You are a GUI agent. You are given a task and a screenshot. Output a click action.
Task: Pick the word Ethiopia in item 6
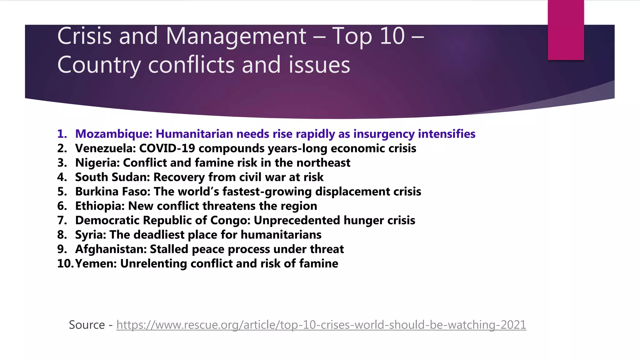pos(100,206)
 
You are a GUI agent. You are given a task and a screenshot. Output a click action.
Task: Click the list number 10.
pos(65,263)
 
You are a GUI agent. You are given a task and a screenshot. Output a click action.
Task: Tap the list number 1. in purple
pos(62,134)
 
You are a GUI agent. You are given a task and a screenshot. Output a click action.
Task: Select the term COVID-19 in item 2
pos(167,148)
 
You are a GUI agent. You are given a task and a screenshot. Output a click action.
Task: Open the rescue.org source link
pos(321,325)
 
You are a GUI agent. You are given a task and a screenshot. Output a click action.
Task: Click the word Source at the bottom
pos(87,325)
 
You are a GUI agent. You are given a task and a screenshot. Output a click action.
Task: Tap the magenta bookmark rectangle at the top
pos(566,30)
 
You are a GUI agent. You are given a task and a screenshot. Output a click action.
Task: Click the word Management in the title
pos(236,36)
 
